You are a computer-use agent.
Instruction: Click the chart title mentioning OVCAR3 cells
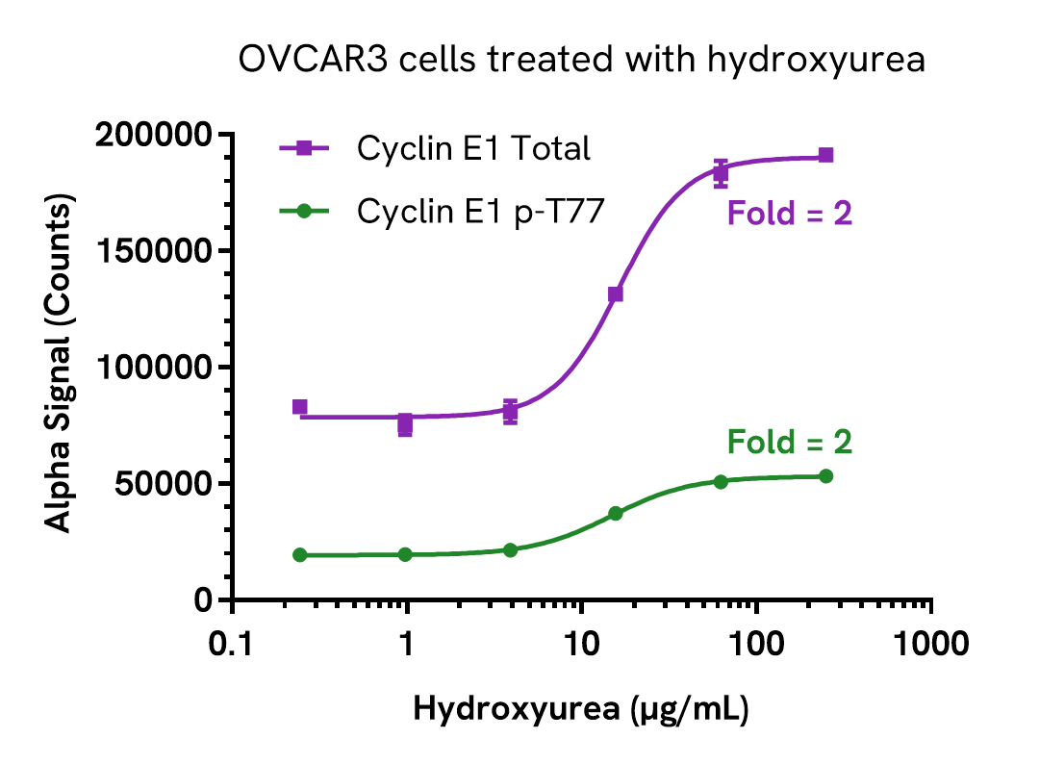581,60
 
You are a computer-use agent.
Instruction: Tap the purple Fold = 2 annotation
789,213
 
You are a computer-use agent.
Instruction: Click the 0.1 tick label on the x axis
231,644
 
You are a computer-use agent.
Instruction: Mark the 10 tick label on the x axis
581,644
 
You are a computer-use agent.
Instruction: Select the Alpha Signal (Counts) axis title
60,367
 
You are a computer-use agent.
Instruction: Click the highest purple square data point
825,155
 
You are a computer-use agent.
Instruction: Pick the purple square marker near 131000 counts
616,294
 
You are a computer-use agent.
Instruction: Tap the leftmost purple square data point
300,407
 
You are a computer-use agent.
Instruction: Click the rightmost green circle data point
825,476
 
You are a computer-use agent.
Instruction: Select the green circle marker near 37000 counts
616,514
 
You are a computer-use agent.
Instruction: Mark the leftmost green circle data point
300,555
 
